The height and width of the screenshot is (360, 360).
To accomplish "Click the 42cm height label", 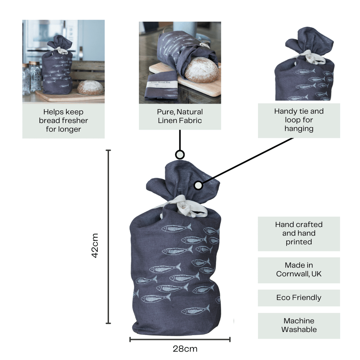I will pos(95,245).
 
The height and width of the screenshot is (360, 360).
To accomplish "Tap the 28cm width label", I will pos(185,349).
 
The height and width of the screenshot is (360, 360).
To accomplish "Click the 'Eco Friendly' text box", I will pos(299,298).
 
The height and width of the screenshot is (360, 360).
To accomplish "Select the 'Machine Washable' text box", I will pos(299,325).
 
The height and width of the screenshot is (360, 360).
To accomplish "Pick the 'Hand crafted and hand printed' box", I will pos(299,233).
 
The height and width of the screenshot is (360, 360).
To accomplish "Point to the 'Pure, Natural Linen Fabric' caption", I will pos(180,116).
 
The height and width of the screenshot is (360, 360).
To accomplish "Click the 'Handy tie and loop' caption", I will pos(299,120).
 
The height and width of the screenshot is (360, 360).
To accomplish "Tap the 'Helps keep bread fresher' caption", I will pos(63,121).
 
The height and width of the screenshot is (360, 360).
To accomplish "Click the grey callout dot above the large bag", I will pos(180,155).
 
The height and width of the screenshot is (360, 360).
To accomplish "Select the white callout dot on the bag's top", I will pos(198,185).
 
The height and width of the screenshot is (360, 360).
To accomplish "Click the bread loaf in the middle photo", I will pos(201,70).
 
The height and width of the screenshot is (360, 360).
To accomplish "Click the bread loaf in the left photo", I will pos(90,88).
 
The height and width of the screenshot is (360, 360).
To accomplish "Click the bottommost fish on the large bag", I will pos(195,311).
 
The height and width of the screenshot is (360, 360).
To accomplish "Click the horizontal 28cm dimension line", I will pos(180,339).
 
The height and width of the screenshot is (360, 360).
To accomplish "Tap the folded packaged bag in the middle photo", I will pos(161,86).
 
